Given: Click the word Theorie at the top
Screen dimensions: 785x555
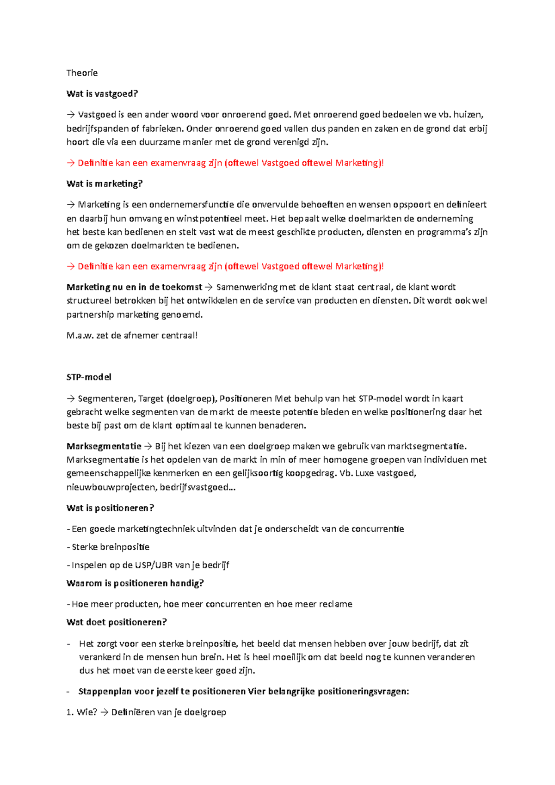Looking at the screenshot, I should pyautogui.click(x=82, y=73).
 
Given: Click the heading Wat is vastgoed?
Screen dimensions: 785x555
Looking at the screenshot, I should pyautogui.click(x=102, y=93).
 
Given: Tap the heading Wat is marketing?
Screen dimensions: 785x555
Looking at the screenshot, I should pyautogui.click(x=105, y=184).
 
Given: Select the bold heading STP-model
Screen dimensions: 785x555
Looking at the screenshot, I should pyautogui.click(x=89, y=377).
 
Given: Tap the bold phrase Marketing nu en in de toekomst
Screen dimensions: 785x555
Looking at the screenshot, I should pyautogui.click(x=134, y=287).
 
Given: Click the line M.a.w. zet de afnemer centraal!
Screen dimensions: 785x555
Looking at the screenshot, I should pyautogui.click(x=132, y=335).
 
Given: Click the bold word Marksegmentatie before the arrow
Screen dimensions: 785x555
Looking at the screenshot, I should pyautogui.click(x=104, y=446).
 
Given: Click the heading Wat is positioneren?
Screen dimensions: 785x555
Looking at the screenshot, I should pyautogui.click(x=110, y=508).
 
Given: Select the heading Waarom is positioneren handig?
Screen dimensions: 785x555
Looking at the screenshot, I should pyautogui.click(x=135, y=583).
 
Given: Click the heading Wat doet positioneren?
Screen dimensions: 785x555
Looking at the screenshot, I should pyautogui.click(x=117, y=622).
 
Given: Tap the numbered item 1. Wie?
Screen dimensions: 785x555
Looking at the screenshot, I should pyautogui.click(x=81, y=712).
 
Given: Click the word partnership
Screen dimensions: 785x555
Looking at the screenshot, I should pyautogui.click(x=90, y=315).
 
